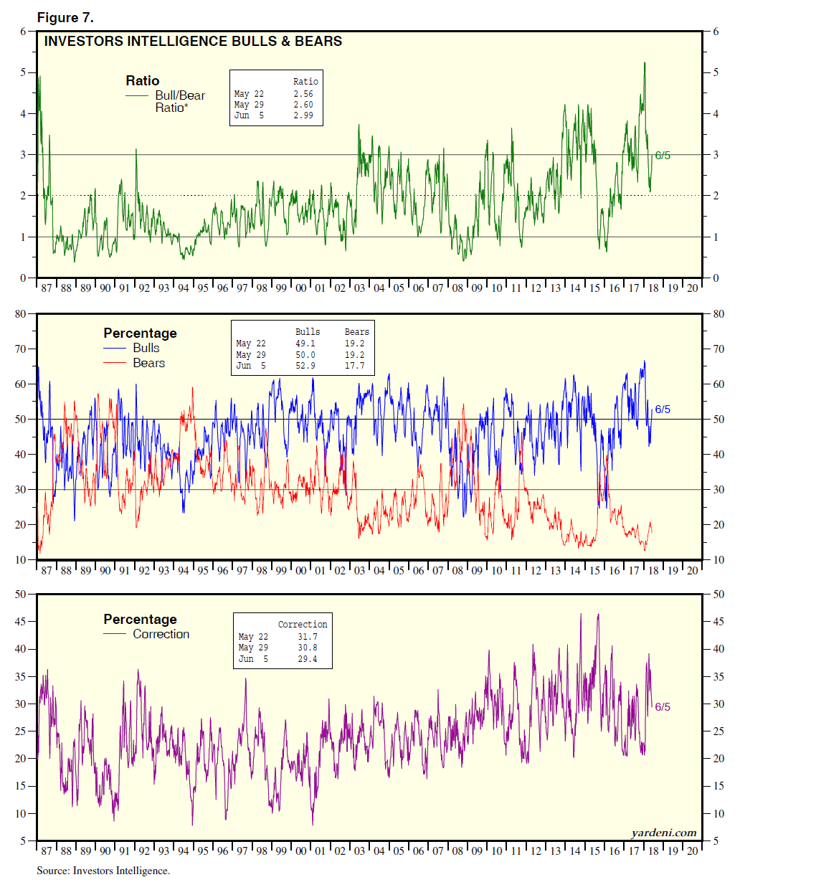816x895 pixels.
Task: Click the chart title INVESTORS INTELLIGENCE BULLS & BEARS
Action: (x=193, y=42)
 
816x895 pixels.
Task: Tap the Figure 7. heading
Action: (x=65, y=18)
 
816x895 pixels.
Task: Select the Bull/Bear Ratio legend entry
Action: (x=179, y=101)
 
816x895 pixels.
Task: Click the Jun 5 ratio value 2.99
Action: (x=303, y=115)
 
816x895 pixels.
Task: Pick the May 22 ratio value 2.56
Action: (x=303, y=94)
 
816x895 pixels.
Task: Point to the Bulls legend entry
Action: (x=146, y=348)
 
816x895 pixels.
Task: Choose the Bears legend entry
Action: (x=148, y=363)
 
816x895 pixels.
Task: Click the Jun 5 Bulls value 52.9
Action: (x=305, y=366)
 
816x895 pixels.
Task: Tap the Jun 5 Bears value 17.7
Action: (x=354, y=366)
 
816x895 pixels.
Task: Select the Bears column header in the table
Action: (x=356, y=332)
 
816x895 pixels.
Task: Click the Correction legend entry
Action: (x=161, y=634)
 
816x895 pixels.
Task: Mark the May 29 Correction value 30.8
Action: (x=308, y=648)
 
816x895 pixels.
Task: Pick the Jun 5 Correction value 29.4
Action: (x=308, y=659)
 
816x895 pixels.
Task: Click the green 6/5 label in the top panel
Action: (x=663, y=156)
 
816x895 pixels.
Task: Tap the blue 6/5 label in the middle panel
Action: (x=663, y=409)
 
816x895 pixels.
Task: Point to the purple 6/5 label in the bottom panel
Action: (x=663, y=707)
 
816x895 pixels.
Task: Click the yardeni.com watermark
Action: (x=664, y=833)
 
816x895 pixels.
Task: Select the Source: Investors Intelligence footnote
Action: (x=103, y=871)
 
